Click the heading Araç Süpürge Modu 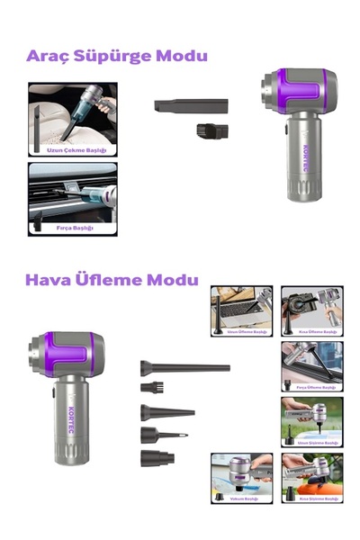coord(117,56)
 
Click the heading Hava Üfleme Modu coord(112,280)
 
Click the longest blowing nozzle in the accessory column coord(184,367)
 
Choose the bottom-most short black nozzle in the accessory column coord(154,458)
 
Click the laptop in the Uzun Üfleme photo coord(236,311)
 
